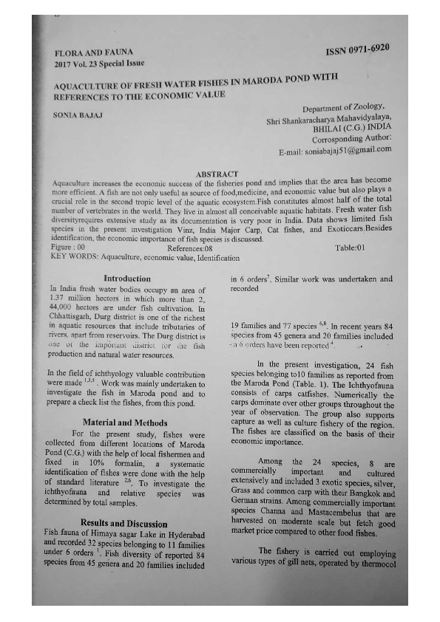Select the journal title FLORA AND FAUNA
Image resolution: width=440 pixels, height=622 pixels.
coord(87,54)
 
